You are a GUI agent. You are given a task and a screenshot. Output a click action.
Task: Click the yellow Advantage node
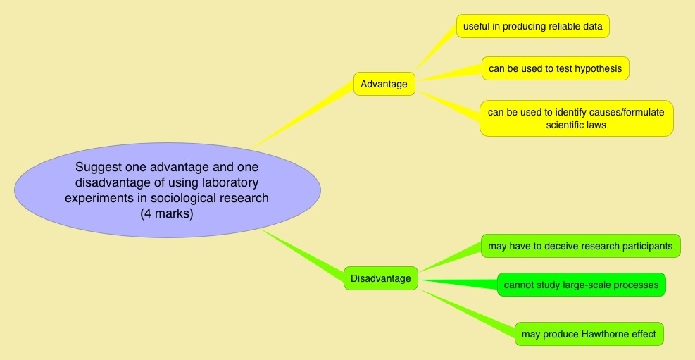tap(384, 84)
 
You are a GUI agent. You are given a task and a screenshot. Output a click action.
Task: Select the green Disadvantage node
tap(380, 278)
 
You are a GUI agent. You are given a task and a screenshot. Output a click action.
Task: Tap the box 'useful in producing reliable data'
tap(532, 27)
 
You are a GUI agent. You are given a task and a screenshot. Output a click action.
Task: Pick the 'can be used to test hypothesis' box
tap(555, 68)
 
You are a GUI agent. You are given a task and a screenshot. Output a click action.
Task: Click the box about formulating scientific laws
tap(576, 118)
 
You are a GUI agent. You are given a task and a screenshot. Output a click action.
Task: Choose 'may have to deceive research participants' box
tap(580, 246)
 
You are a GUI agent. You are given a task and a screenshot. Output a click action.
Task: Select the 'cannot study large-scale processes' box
tap(581, 285)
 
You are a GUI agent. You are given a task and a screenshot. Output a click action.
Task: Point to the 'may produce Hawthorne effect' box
tap(589, 334)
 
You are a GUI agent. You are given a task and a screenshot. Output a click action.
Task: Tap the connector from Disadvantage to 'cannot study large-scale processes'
tap(458, 282)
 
